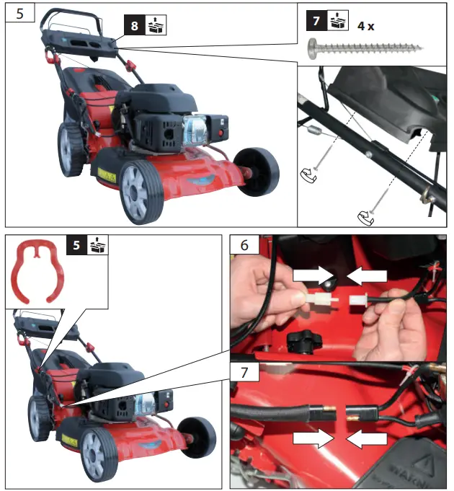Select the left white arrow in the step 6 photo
[x=308, y=273]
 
